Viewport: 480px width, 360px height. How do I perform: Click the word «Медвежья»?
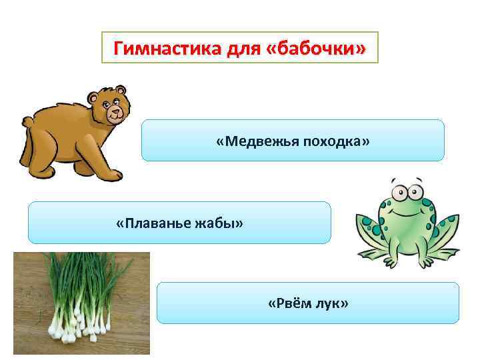coord(257,141)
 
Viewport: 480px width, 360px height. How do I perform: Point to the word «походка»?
coord(334,141)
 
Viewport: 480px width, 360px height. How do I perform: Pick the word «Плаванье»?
coord(151,222)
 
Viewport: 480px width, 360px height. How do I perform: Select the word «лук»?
coord(333,304)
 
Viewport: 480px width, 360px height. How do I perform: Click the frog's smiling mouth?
coord(407,208)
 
